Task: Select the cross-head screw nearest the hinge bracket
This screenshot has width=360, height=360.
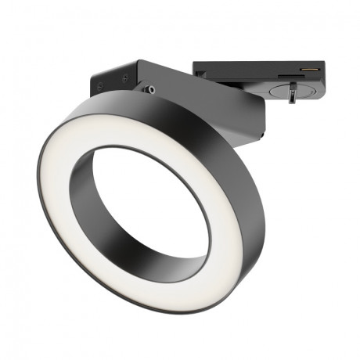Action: coord(125,77)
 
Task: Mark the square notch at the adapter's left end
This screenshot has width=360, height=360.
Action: coord(201,74)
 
